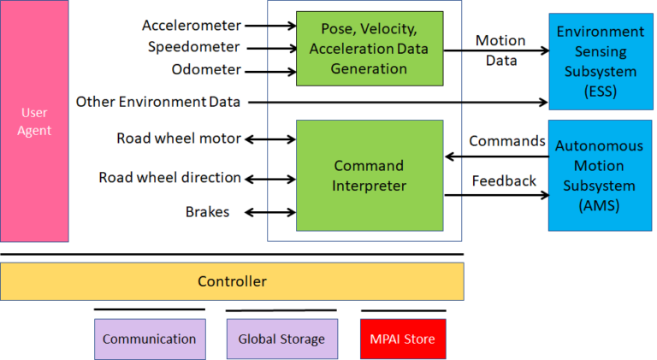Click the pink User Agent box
click(34, 121)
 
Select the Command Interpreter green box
click(370, 175)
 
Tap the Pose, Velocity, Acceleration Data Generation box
click(370, 48)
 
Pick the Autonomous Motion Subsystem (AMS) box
click(600, 174)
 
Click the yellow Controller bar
click(232, 281)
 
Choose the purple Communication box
click(149, 339)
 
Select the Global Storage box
click(281, 339)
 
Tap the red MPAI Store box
click(403, 339)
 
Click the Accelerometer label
click(192, 25)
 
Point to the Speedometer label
click(193, 47)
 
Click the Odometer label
click(206, 69)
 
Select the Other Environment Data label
click(158, 102)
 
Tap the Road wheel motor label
click(179, 139)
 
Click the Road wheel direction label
click(169, 178)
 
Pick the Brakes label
click(207, 211)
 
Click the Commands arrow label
click(506, 141)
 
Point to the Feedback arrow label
click(504, 181)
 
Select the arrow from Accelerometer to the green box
click(269, 26)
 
